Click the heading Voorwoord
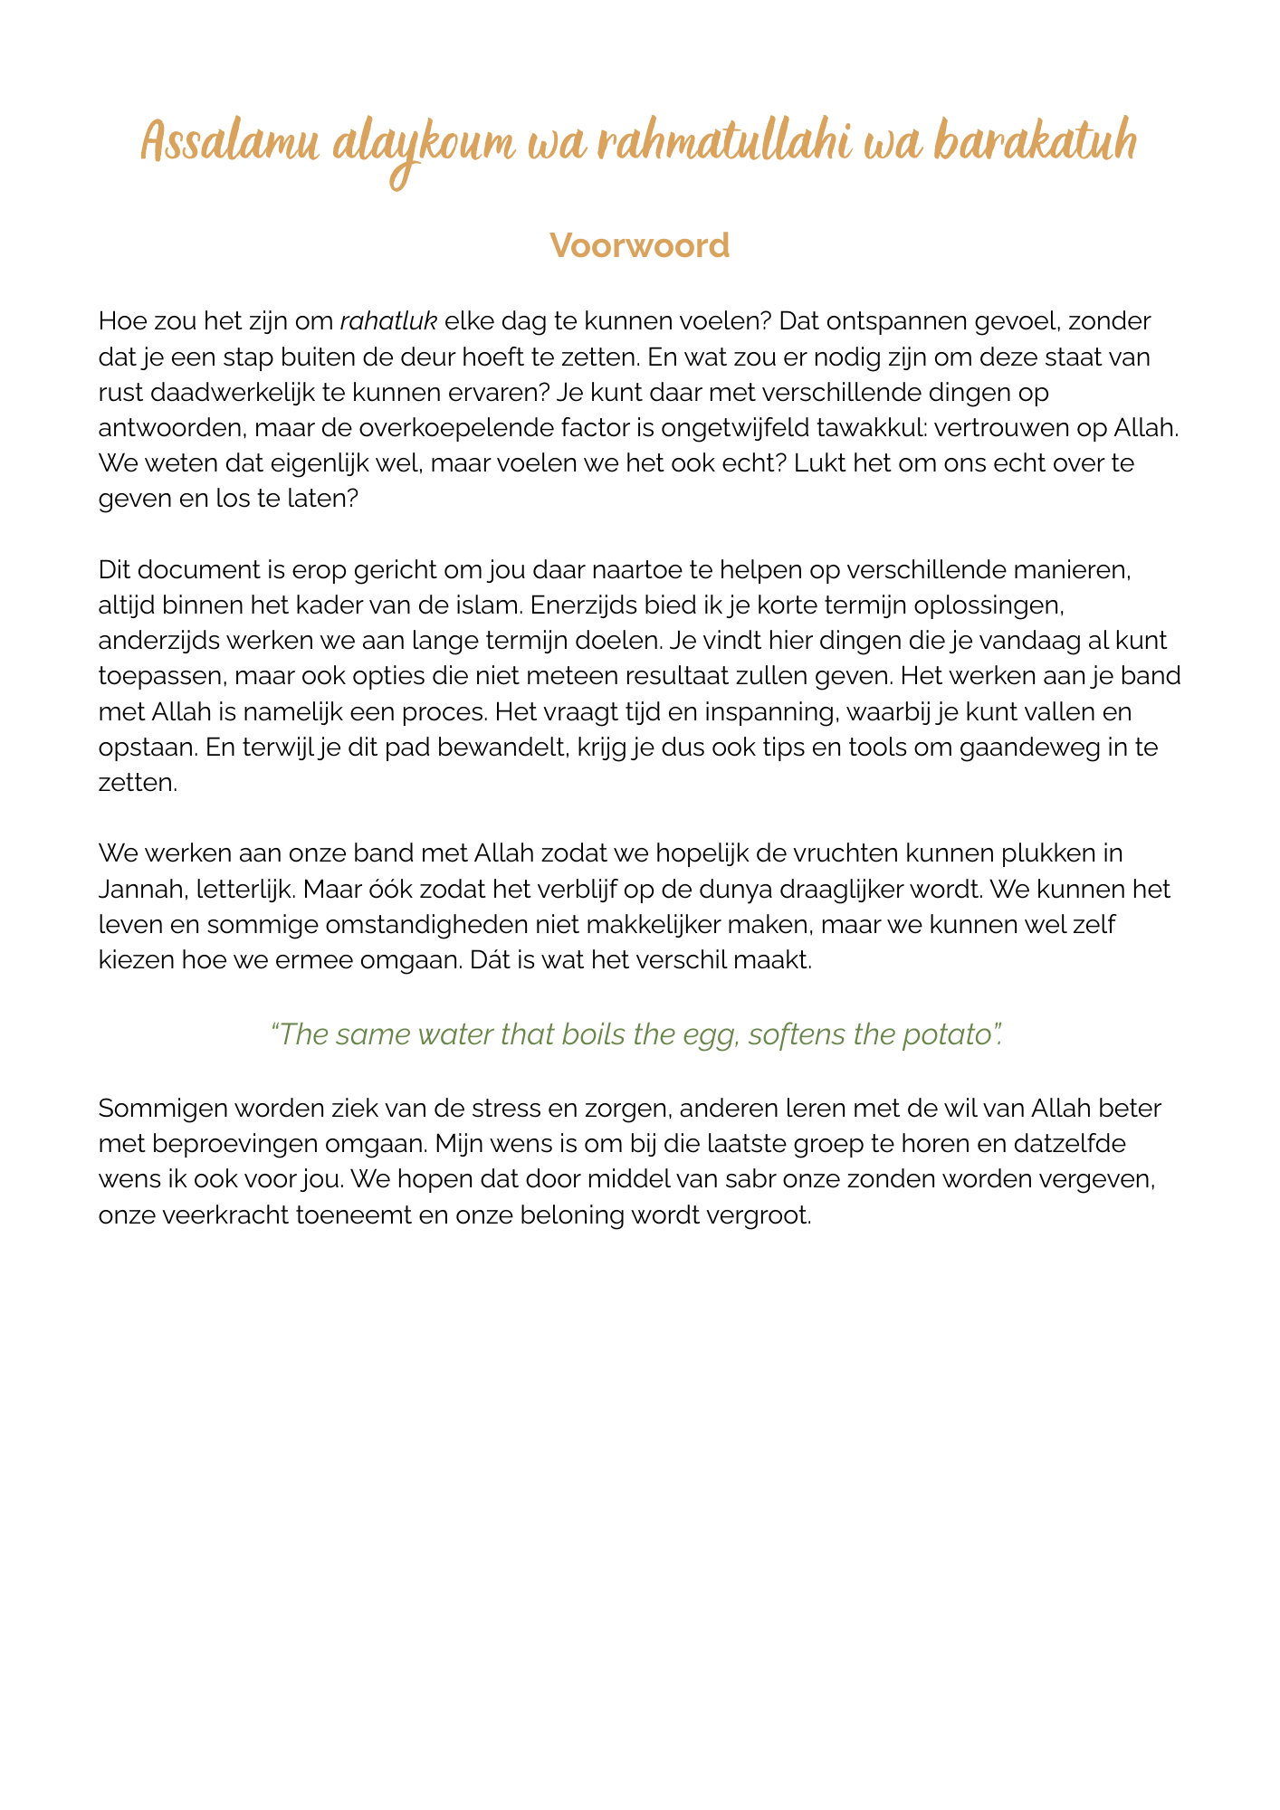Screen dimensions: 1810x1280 pos(639,245)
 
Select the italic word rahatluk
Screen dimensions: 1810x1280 pos(388,321)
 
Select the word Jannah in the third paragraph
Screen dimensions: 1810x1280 pos(143,889)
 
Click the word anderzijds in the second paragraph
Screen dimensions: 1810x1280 pos(159,641)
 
